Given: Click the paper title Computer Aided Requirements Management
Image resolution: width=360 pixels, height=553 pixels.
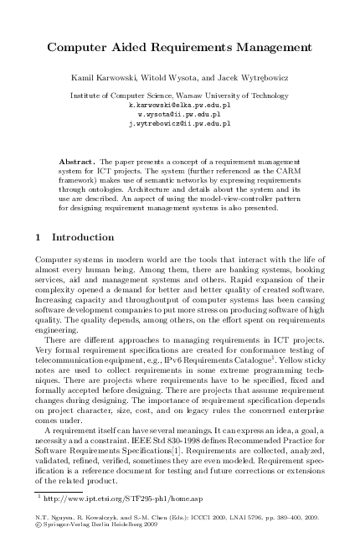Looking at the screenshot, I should (179, 48).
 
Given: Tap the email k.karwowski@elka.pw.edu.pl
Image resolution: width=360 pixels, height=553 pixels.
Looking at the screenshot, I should (179, 106).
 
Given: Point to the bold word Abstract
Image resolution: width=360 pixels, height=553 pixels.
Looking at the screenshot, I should (76, 159).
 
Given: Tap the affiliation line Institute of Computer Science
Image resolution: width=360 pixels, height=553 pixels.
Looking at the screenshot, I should (179, 96).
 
